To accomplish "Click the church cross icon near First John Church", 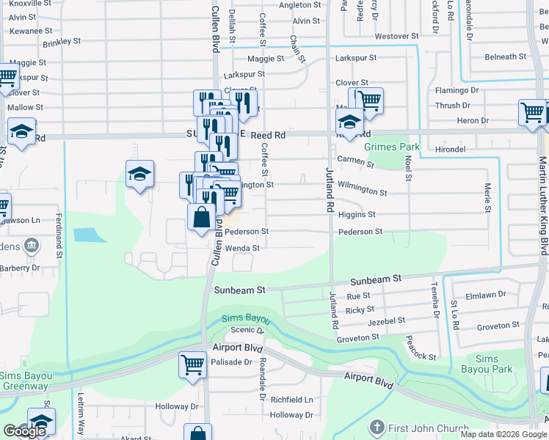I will (x=377, y=428).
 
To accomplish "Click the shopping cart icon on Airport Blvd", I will (x=192, y=363).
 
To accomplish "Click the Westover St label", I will (x=396, y=36).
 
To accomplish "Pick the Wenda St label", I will (x=241, y=269).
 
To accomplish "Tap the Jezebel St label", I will (x=386, y=321).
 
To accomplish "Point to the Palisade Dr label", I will (x=232, y=362).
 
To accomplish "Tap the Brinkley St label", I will (x=62, y=42).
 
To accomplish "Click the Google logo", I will (x=24, y=431).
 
